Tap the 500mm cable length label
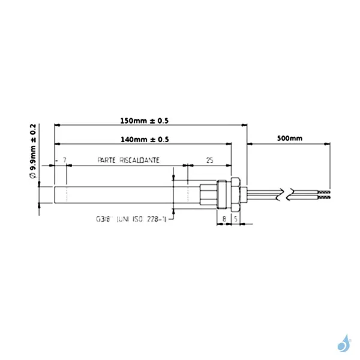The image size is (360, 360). (290, 139)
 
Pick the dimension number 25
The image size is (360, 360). (209, 161)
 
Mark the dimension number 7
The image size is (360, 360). (64, 161)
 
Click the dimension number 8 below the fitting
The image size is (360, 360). (223, 219)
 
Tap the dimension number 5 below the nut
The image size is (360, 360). (236, 219)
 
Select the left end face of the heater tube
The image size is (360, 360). (55, 194)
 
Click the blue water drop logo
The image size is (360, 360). (344, 344)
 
